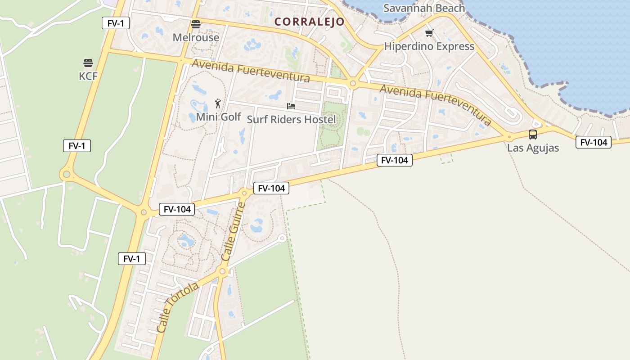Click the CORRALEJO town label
click(x=310, y=22)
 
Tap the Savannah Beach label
click(x=424, y=8)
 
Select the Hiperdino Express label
click(x=429, y=46)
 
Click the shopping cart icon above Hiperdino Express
click(x=429, y=33)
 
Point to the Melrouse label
click(x=196, y=37)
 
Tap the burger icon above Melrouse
click(x=195, y=24)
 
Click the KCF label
click(x=88, y=76)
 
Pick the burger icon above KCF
click(x=88, y=63)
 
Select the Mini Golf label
click(x=218, y=117)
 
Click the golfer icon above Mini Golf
click(x=218, y=103)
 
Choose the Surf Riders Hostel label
click(x=291, y=120)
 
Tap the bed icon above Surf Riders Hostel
click(x=291, y=106)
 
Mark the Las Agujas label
click(x=533, y=148)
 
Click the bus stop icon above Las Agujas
click(x=533, y=135)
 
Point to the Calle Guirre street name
click(x=234, y=231)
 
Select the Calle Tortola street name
click(x=177, y=307)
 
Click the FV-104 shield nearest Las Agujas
click(x=594, y=143)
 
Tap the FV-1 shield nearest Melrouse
click(x=116, y=23)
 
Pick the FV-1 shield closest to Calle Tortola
click(x=132, y=259)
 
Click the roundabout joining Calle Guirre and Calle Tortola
click(x=222, y=271)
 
